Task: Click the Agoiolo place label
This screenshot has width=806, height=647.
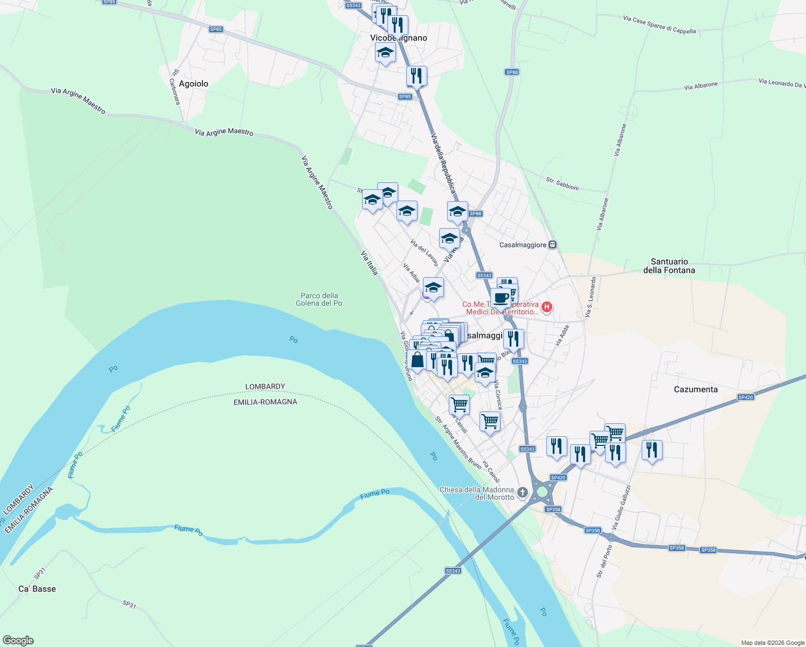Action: (x=193, y=84)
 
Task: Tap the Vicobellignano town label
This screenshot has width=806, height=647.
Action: (x=399, y=38)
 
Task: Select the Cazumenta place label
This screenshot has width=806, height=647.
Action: (x=696, y=389)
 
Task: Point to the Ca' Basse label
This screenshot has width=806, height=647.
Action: (x=37, y=589)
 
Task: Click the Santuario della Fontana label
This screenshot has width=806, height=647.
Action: (x=669, y=266)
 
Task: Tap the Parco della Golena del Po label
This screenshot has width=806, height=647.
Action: (x=319, y=299)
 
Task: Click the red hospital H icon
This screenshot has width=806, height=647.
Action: (x=546, y=307)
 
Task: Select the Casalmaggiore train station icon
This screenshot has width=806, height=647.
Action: (x=552, y=245)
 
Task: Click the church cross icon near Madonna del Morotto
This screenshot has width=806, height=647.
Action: (x=522, y=492)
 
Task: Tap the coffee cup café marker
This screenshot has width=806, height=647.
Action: (x=501, y=297)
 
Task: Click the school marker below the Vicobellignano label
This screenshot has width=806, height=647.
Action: (x=385, y=53)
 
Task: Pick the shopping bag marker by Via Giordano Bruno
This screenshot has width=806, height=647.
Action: (x=417, y=360)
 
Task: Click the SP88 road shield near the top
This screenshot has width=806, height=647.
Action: (x=512, y=72)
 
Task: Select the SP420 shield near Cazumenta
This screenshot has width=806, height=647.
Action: (x=745, y=397)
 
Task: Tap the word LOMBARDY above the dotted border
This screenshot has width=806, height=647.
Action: (x=265, y=387)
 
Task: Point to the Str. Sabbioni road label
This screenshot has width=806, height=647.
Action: (x=562, y=183)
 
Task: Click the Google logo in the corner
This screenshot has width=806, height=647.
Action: (x=18, y=641)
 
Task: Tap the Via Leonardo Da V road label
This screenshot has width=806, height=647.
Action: (x=782, y=83)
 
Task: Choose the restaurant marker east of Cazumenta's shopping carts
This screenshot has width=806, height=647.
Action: (x=652, y=450)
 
